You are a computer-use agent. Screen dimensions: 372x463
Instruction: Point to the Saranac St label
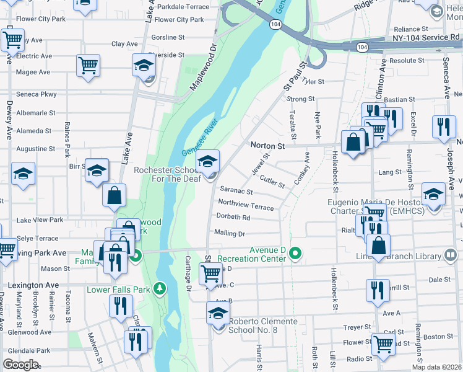pos(236,192)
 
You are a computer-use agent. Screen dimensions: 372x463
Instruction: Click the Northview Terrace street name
pos(246,205)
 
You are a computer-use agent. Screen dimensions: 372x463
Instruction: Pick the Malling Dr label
pos(230,233)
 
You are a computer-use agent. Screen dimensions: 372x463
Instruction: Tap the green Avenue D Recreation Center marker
pos(296,254)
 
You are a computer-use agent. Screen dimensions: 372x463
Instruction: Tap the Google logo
pos(21,365)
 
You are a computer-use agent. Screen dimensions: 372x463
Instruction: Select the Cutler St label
pos(272,181)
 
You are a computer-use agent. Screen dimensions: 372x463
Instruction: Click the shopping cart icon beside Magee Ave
pos(89,64)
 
